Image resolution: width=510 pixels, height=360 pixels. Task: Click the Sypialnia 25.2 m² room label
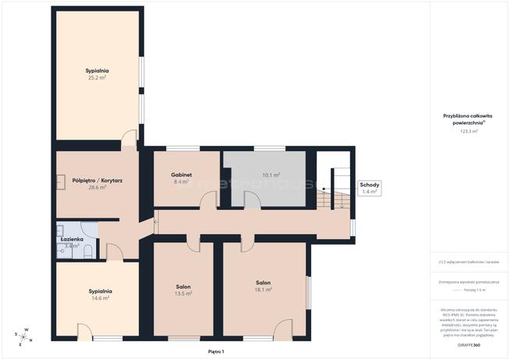[x=97, y=75]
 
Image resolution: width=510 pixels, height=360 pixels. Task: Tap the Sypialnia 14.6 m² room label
[x=98, y=294]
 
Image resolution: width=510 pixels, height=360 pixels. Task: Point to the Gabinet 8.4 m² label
[x=182, y=178]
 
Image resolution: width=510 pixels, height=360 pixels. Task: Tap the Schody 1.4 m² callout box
[x=368, y=188]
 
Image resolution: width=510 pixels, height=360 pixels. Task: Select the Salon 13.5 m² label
[x=183, y=290]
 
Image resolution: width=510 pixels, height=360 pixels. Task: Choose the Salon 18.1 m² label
[x=263, y=286]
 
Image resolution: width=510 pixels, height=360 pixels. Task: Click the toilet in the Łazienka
[x=88, y=250]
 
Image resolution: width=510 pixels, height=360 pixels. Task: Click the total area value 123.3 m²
[x=469, y=132]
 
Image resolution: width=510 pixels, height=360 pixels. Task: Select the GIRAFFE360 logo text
[x=469, y=343]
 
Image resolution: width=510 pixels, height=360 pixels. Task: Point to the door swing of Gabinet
[x=207, y=200]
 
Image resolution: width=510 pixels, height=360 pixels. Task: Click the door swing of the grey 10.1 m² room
[x=251, y=200]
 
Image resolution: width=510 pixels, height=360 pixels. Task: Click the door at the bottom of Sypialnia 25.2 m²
[x=129, y=139]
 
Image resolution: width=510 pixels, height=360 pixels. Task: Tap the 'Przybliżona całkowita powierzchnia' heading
[x=469, y=119]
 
